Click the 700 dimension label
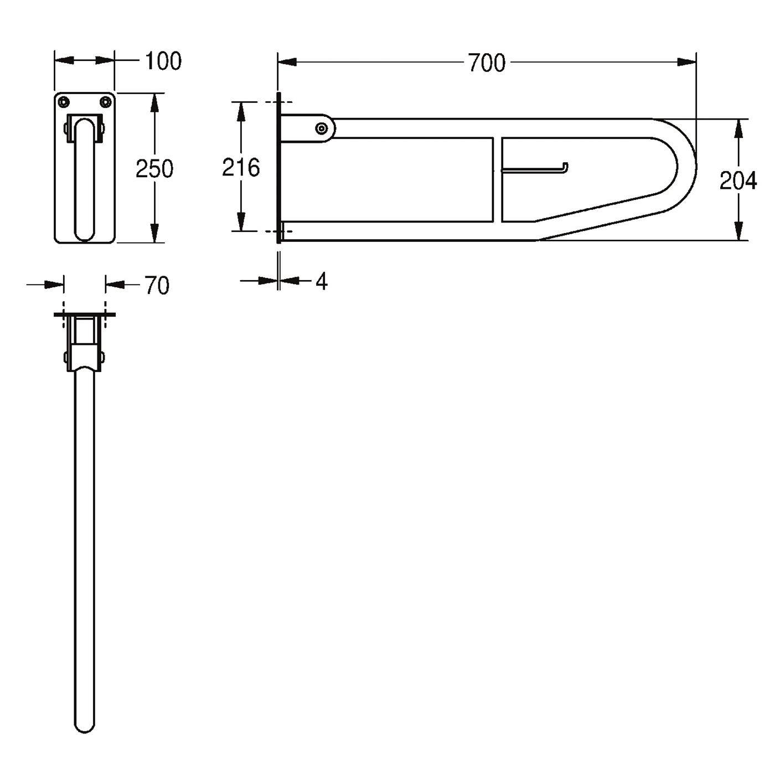pos(487,63)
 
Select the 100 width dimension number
pos(163,61)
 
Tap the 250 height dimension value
pos(154,168)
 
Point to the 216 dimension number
pos(241,167)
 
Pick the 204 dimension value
pos(738,180)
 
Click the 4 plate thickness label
pos(321,281)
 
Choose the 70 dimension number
pos(157,286)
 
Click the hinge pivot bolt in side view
pos(321,128)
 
